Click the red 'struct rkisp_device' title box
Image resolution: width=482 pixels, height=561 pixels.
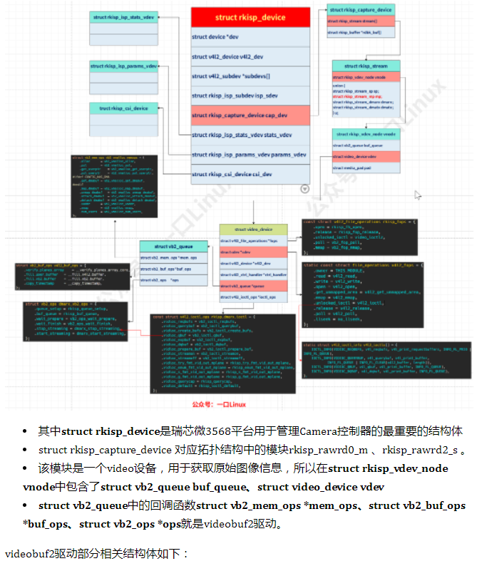(x=250, y=17)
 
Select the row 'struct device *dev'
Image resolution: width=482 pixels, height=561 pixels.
(x=250, y=36)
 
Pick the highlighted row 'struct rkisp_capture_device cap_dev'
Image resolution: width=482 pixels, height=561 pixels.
(x=250, y=115)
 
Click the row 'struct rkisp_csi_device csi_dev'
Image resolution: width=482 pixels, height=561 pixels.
(x=250, y=173)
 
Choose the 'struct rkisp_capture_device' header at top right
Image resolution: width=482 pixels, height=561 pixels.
(x=359, y=10)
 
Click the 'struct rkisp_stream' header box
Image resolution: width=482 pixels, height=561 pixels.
(x=365, y=66)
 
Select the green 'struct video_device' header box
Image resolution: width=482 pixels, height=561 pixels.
(x=252, y=230)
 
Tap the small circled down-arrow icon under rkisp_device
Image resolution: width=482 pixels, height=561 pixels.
(x=305, y=189)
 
